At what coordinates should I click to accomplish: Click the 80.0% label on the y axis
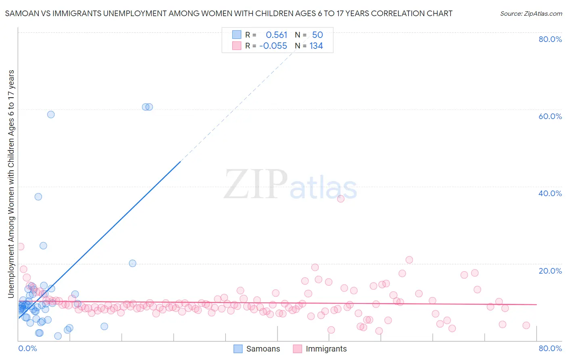click(x=550, y=39)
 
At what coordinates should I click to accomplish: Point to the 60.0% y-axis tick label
click(x=550, y=116)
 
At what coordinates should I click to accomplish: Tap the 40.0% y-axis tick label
click(x=550, y=193)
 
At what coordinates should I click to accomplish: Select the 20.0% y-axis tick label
click(x=550, y=270)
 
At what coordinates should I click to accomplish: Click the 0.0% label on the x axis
click(x=27, y=348)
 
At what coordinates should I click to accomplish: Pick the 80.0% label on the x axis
click(x=550, y=348)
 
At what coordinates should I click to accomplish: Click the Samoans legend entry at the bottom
click(x=257, y=349)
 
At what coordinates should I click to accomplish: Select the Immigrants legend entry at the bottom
click(x=320, y=349)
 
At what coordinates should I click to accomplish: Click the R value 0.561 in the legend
click(x=276, y=35)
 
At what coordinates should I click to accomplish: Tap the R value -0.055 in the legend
click(x=273, y=46)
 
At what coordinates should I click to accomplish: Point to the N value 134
click(x=316, y=46)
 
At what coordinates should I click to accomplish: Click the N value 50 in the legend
click(x=317, y=35)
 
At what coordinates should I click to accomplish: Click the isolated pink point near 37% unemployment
click(x=341, y=199)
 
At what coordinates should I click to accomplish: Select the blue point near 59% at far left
click(x=51, y=114)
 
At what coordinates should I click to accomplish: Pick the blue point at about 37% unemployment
click(x=38, y=197)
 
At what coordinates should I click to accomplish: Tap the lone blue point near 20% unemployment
click(x=133, y=263)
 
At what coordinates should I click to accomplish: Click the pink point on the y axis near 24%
click(x=21, y=247)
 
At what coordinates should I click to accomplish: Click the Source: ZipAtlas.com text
click(x=531, y=13)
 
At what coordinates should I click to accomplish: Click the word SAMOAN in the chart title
click(x=20, y=13)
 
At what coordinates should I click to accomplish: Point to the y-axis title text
click(x=11, y=184)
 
